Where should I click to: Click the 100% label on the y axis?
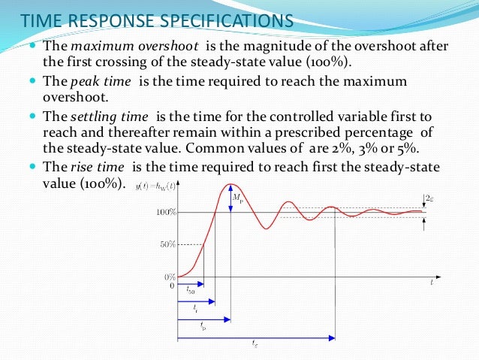[x=166, y=213]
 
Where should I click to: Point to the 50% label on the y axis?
[x=167, y=244]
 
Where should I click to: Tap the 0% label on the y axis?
[x=170, y=277]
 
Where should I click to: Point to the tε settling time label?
[x=255, y=344]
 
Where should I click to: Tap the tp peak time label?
[x=203, y=326]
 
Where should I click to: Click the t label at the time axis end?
[x=432, y=283]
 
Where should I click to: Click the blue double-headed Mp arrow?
[x=230, y=198]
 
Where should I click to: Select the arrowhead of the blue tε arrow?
[x=331, y=337]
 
